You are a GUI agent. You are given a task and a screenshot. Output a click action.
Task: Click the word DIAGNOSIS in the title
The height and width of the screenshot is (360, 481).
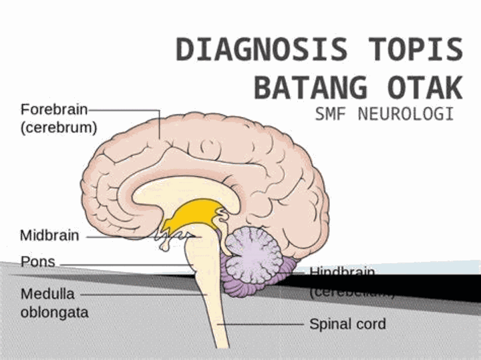tap(261, 50)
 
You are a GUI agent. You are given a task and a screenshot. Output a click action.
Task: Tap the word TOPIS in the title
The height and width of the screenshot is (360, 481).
tap(416, 50)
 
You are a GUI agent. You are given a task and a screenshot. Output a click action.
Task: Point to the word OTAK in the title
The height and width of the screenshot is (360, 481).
tap(425, 87)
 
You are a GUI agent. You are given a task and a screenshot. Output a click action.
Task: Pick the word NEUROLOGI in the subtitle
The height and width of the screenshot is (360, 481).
tap(406, 114)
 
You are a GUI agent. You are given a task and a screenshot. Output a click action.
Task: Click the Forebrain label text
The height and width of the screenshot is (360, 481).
tap(53, 109)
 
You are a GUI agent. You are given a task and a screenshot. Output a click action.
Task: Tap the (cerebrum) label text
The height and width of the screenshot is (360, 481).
tap(59, 127)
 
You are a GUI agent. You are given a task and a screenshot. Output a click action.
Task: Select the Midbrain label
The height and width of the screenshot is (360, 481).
tap(49, 236)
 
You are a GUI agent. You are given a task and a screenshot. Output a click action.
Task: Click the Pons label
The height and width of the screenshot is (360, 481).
tap(37, 261)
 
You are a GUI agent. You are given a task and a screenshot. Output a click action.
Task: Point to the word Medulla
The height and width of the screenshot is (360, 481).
tap(47, 294)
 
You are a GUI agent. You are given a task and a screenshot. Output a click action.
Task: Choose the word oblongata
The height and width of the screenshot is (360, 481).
tap(54, 312)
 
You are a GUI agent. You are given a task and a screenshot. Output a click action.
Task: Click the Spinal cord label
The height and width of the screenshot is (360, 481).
tap(347, 325)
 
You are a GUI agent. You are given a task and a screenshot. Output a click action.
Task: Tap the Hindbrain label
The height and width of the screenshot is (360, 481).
tap(341, 273)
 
